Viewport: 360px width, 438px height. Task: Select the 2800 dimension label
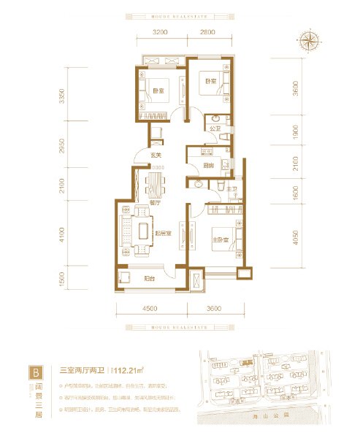207,33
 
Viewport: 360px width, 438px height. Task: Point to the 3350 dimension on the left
64,96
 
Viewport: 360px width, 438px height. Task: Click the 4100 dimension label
64,234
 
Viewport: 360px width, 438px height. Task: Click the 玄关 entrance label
156,155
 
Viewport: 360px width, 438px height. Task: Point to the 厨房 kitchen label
208,166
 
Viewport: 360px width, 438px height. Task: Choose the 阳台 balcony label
148,277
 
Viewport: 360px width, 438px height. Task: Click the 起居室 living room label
162,234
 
